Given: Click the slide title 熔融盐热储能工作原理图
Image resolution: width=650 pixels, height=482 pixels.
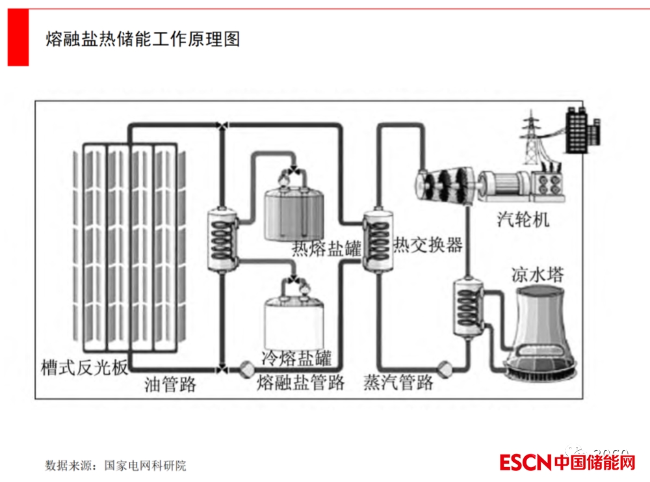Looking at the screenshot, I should [x=143, y=39].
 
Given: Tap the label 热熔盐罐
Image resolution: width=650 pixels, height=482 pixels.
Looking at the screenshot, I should [x=326, y=248].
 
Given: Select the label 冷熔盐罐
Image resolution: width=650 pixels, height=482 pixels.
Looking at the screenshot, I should [x=296, y=358].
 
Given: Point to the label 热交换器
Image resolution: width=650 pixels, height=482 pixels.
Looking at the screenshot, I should [x=428, y=245].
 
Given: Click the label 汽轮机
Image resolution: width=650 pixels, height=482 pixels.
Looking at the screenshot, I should [x=523, y=219].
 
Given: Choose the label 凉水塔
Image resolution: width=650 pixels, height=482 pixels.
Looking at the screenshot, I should [x=537, y=274].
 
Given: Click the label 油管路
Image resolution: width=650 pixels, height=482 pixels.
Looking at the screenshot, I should [x=170, y=384].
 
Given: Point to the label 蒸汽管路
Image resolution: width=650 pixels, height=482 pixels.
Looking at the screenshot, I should [x=398, y=382].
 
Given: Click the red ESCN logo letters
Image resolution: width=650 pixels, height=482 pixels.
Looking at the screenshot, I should [x=525, y=462].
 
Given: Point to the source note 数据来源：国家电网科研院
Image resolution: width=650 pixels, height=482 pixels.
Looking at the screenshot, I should [x=115, y=466].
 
